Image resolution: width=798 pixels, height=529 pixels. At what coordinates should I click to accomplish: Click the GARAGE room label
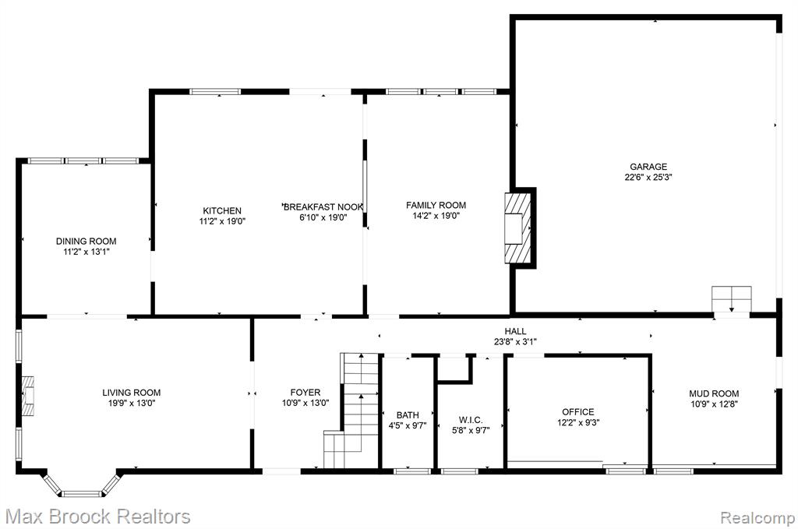pos(648,166)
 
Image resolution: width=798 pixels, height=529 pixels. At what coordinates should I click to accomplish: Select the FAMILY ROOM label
pos(436,205)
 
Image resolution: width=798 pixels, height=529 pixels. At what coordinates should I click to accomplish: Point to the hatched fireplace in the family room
pos(517,227)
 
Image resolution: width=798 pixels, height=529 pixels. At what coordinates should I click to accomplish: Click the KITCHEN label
pos(222,210)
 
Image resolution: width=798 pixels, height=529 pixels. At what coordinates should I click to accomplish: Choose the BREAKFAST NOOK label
pos(323,207)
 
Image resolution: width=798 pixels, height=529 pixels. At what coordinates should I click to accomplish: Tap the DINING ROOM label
pos(86,241)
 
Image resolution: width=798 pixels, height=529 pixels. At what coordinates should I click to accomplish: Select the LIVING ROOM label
pos(131,393)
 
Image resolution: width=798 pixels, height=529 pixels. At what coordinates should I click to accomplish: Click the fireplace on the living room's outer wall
pos(28,397)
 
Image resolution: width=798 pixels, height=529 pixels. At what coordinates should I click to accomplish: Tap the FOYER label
pos(305,393)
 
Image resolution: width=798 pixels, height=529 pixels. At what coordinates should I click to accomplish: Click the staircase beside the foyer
pos(352,411)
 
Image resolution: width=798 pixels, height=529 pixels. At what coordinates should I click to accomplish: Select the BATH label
pos(408,415)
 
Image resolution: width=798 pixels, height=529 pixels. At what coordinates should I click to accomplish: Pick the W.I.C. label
pos(471,420)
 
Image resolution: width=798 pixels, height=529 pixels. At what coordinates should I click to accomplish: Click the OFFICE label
pos(578,412)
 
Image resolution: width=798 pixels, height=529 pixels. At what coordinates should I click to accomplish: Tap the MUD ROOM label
pos(714,393)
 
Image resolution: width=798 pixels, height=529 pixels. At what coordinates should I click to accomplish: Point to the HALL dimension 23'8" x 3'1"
pos(515,342)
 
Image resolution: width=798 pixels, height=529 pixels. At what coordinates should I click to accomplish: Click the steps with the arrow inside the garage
pos(731,300)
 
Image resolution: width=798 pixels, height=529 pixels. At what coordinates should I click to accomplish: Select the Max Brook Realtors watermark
pos(98,517)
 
